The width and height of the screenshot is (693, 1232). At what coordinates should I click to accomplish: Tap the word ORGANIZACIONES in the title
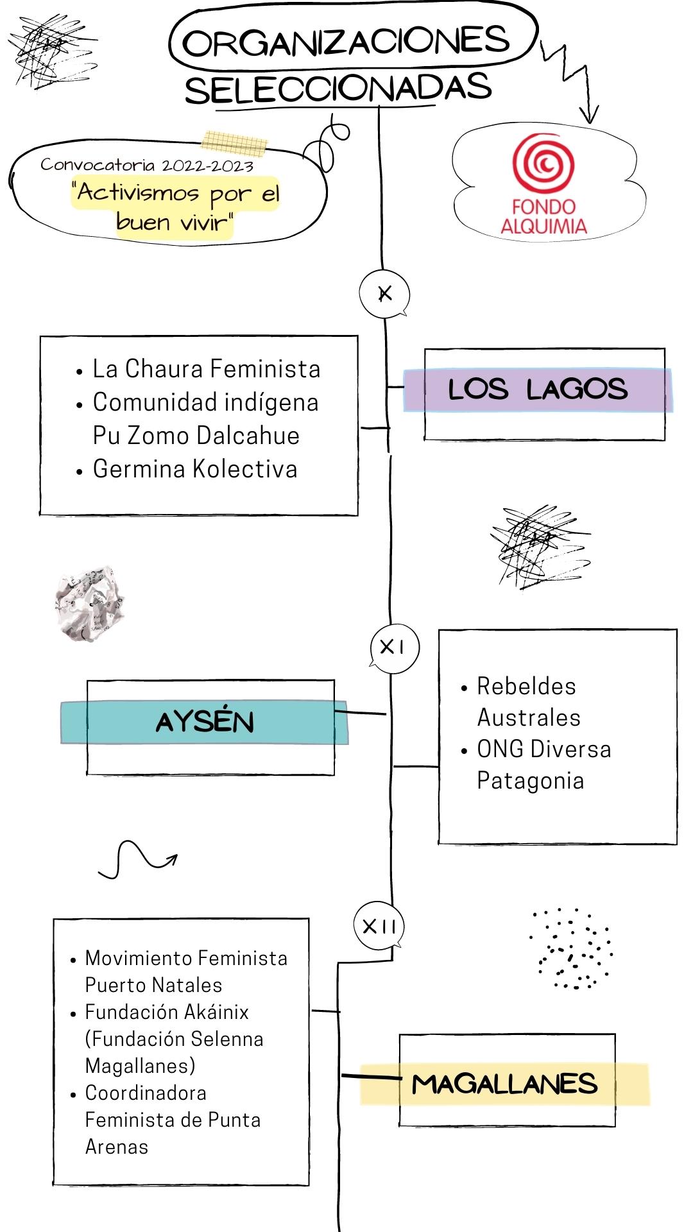click(346, 42)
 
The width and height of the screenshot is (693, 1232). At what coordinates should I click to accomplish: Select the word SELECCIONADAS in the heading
click(338, 89)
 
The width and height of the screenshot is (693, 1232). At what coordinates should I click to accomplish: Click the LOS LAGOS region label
click(538, 389)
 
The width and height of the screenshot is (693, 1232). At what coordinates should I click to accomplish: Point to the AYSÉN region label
click(205, 723)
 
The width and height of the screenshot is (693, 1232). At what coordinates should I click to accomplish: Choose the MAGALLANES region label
click(505, 1084)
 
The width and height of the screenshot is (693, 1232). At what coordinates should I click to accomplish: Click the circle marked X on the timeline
click(384, 294)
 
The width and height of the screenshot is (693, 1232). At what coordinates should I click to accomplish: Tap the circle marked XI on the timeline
click(394, 647)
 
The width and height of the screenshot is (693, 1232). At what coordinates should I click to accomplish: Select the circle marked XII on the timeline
click(379, 926)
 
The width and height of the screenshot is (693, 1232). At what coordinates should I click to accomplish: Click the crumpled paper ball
click(89, 604)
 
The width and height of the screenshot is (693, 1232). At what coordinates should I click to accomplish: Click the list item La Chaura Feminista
click(206, 369)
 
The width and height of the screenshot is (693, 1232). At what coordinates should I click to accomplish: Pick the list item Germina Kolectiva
click(195, 469)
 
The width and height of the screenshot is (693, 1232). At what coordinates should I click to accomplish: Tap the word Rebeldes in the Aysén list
click(526, 687)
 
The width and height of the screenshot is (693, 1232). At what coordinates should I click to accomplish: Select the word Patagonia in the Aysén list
click(530, 781)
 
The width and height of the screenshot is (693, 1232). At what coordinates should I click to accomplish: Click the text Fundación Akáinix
click(167, 1012)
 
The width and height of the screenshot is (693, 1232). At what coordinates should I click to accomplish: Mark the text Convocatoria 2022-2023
click(147, 165)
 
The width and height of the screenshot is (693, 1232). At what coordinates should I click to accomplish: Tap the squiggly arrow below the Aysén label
click(137, 860)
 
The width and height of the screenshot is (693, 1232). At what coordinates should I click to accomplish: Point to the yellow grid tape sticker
click(234, 142)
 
